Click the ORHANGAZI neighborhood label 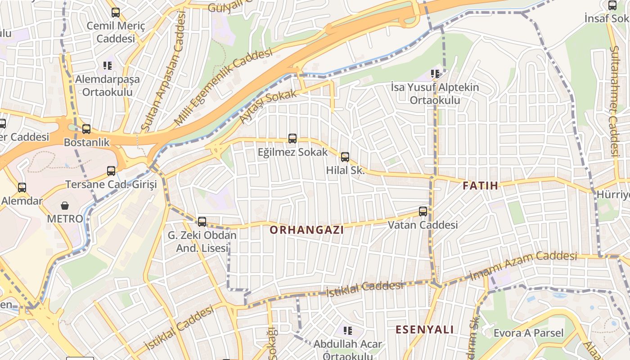click(306, 230)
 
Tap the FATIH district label click(481, 185)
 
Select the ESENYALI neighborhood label click(425, 329)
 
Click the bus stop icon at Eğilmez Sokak click(292, 139)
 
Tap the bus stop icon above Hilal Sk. click(345, 157)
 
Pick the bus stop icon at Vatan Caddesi click(423, 211)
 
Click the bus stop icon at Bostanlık click(86, 129)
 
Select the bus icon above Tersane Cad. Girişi click(111, 171)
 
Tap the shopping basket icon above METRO click(65, 206)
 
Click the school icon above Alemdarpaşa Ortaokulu click(107, 66)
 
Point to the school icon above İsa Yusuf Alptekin click(435, 73)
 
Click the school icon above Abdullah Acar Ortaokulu click(347, 331)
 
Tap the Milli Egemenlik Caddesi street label click(223, 86)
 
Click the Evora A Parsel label click(528, 333)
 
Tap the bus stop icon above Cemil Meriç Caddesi click(116, 13)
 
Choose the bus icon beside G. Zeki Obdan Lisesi click(202, 221)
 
